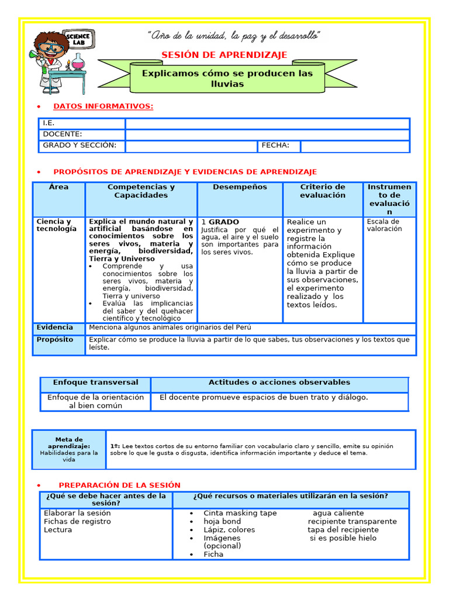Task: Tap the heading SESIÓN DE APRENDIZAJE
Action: (224, 55)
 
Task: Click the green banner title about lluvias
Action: (227, 78)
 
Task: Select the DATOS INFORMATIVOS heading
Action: (103, 106)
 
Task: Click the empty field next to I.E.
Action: (267, 123)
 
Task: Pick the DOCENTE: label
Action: (63, 135)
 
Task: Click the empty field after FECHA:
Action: (354, 146)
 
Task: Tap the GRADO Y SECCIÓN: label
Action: (80, 146)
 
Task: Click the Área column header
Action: (58, 187)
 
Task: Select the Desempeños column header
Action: (240, 187)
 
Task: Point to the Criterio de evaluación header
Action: (323, 191)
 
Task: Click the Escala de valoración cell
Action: (384, 225)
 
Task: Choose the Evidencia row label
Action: (55, 328)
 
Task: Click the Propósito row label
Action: (55, 340)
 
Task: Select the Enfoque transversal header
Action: (95, 383)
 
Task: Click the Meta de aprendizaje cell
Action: (69, 449)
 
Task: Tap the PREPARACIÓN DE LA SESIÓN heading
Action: (119, 486)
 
